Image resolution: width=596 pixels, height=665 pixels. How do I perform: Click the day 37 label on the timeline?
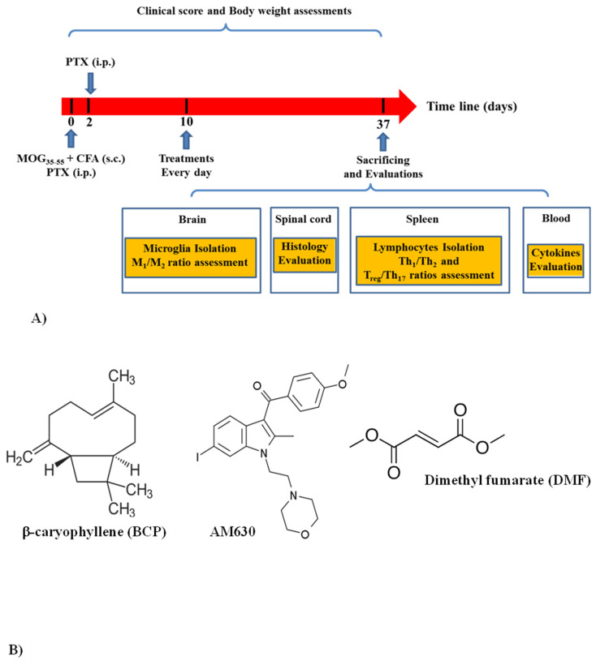[383, 124]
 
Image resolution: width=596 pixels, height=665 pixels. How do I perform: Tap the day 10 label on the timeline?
[187, 124]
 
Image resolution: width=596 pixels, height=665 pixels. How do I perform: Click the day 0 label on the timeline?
[71, 124]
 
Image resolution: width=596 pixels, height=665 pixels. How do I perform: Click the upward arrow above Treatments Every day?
[187, 139]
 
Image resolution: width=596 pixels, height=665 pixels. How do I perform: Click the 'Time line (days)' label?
[471, 106]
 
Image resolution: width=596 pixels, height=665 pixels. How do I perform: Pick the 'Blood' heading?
[555, 219]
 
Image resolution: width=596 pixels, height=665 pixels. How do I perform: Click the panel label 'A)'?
[37, 320]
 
